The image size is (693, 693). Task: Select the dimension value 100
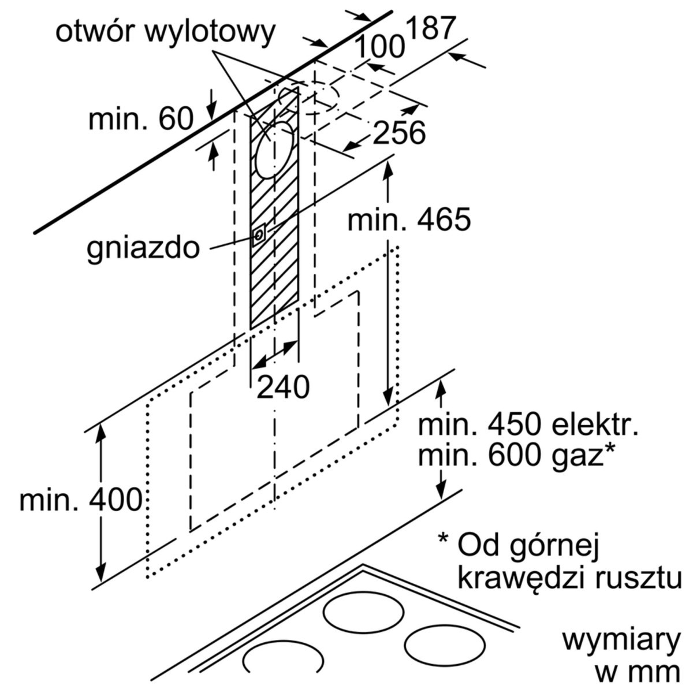point(379,47)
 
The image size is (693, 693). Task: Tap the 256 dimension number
point(399,133)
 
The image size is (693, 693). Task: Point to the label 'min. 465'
point(409,219)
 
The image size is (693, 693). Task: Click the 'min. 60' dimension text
point(140,120)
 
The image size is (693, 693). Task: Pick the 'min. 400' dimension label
point(80,500)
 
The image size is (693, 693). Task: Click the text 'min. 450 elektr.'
point(528,426)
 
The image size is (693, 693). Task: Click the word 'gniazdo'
point(144,248)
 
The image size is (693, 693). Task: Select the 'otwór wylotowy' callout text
point(166,32)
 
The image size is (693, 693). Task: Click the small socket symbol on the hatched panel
point(259,234)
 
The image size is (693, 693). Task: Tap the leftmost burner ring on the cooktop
point(284,659)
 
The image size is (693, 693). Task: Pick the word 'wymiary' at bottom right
point(621,641)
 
